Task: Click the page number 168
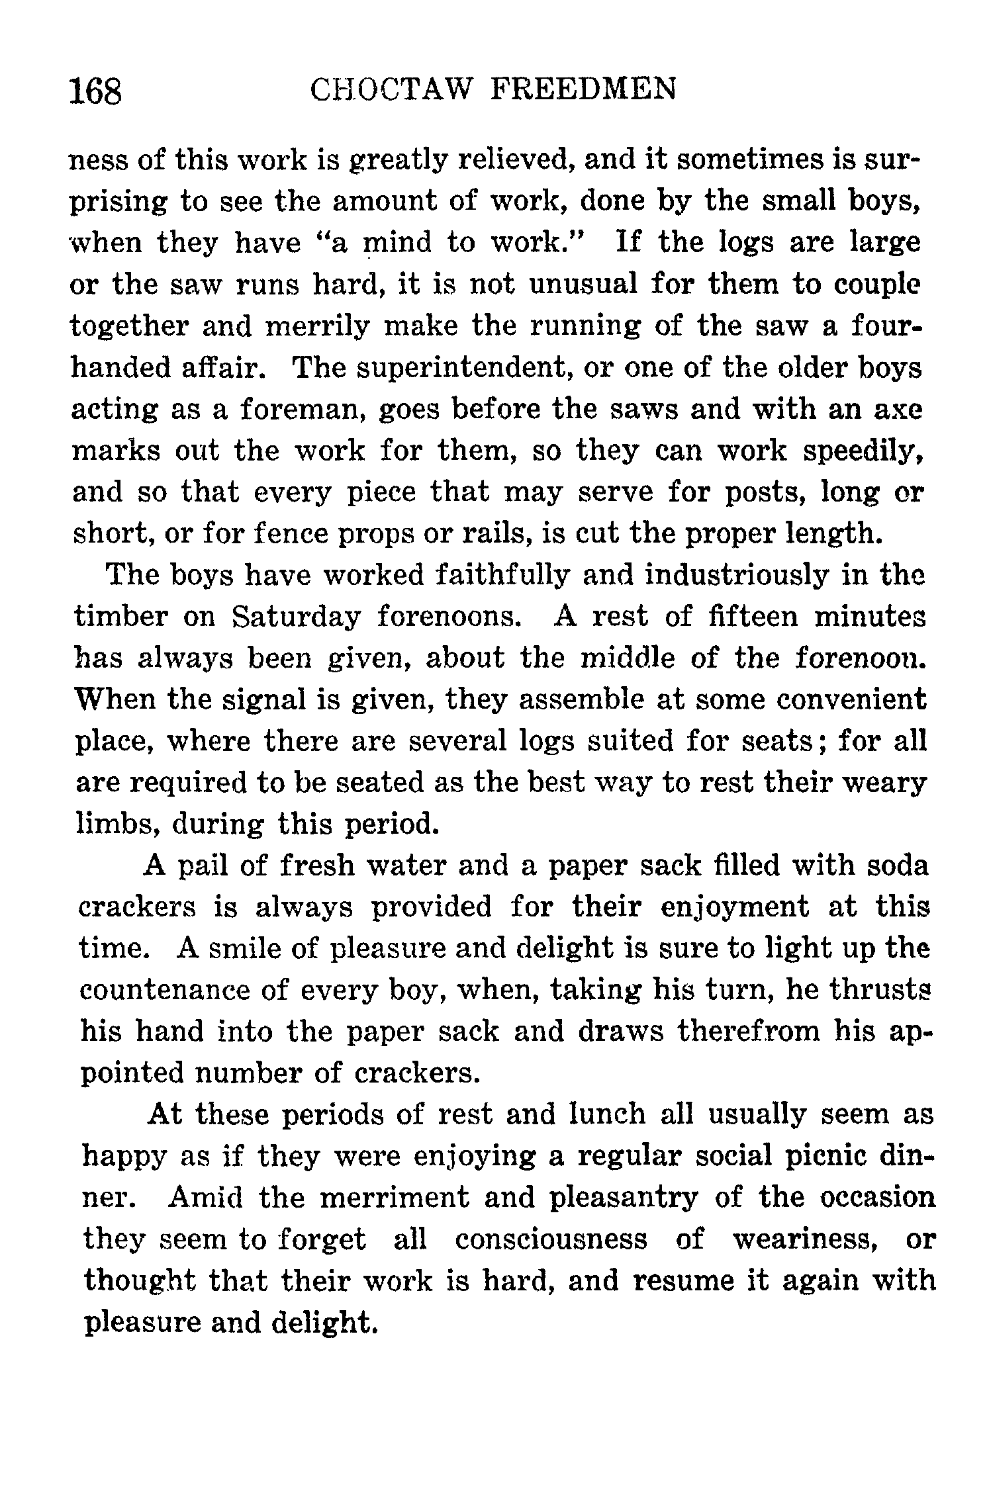click(x=97, y=91)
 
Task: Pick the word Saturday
click(x=297, y=617)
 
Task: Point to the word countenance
click(x=173, y=991)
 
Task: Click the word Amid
click(x=205, y=1198)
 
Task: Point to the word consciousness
click(x=551, y=1239)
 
